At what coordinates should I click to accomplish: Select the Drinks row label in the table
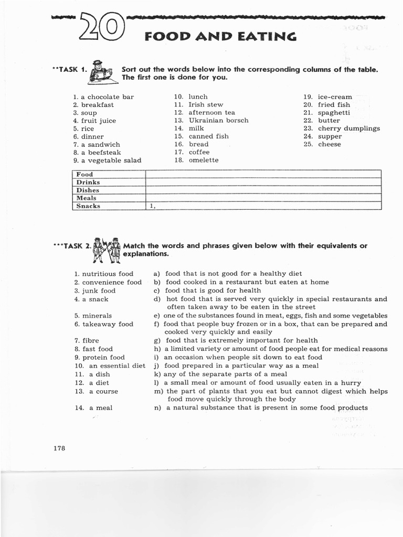(x=88, y=182)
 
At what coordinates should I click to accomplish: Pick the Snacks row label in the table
(x=88, y=206)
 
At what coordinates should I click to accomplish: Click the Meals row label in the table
(x=87, y=198)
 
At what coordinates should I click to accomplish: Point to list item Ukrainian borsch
(x=218, y=120)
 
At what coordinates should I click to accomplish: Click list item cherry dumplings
(x=348, y=128)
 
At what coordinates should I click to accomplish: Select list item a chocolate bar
(x=107, y=97)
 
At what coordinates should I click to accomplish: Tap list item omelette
(x=203, y=160)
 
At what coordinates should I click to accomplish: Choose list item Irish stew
(x=206, y=104)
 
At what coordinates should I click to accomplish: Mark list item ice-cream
(x=335, y=97)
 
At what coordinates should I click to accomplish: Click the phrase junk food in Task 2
(x=99, y=291)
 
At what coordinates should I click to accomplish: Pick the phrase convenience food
(x=112, y=282)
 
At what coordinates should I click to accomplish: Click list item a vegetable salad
(x=111, y=160)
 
